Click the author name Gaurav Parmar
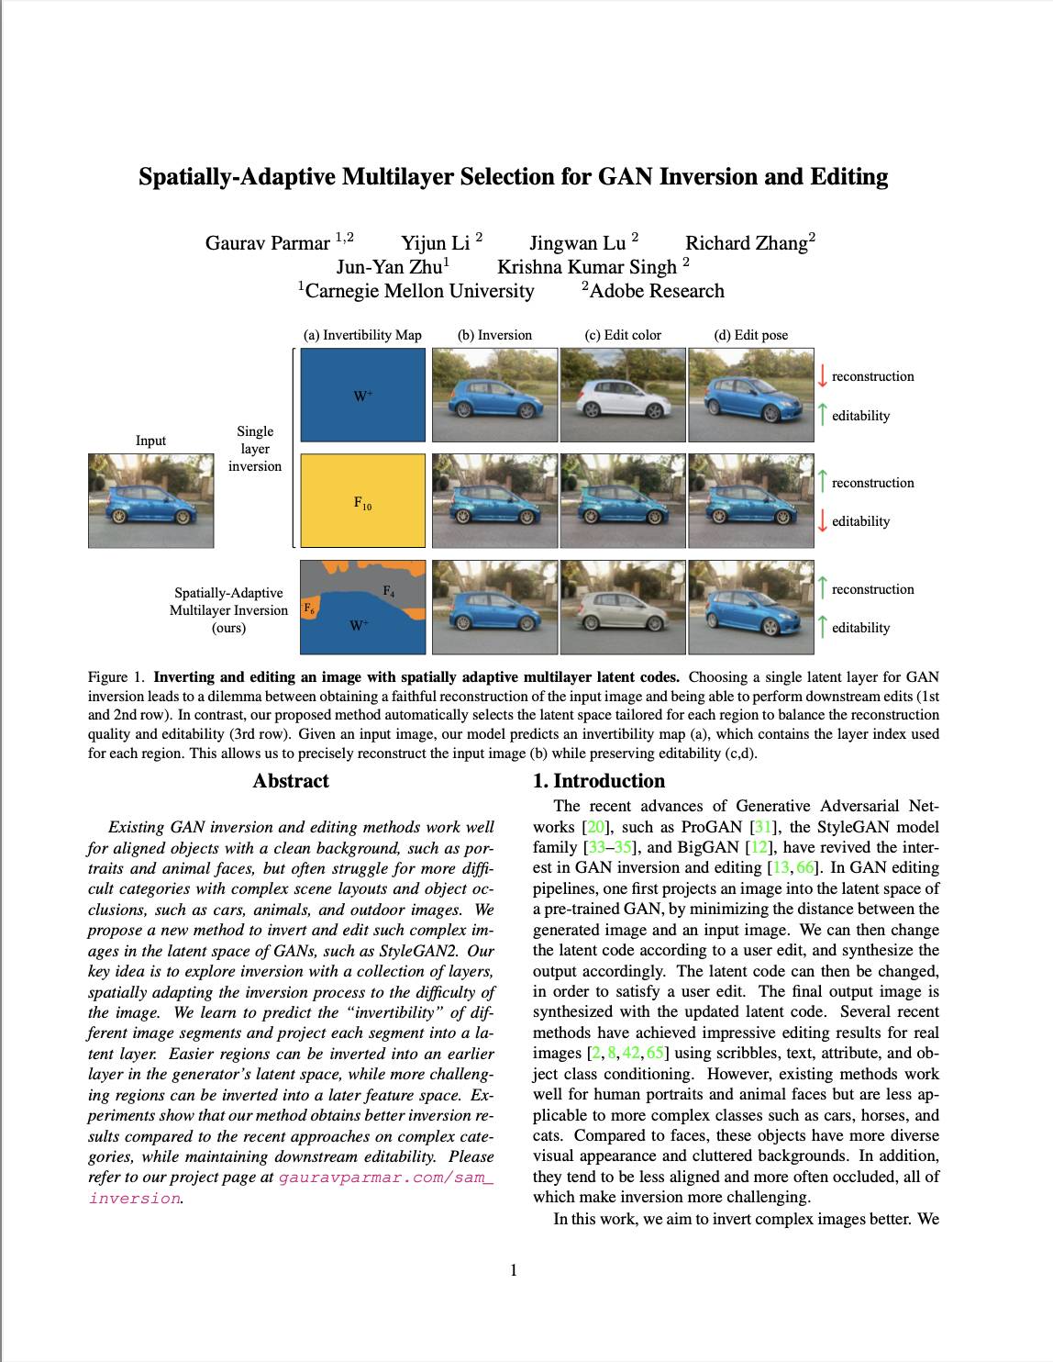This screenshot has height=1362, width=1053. [267, 243]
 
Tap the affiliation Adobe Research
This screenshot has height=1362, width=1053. [656, 291]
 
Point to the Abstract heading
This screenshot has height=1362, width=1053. [291, 781]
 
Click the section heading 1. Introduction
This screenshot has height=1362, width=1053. [599, 781]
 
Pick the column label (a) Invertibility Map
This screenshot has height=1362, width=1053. [362, 335]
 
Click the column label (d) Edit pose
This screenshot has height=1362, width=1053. [750, 335]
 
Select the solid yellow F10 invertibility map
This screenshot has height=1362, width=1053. [363, 501]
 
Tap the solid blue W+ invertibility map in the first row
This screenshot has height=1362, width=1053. [363, 395]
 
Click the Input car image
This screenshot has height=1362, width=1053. [150, 501]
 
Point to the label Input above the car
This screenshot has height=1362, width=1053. [150, 441]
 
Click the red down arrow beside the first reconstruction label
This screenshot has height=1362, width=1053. [823, 376]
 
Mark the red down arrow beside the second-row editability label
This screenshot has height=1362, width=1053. [823, 521]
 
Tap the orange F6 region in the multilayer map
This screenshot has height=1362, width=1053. [309, 608]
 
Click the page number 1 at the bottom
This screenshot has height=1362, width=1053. [514, 1270]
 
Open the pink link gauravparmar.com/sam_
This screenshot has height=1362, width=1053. [385, 1178]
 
